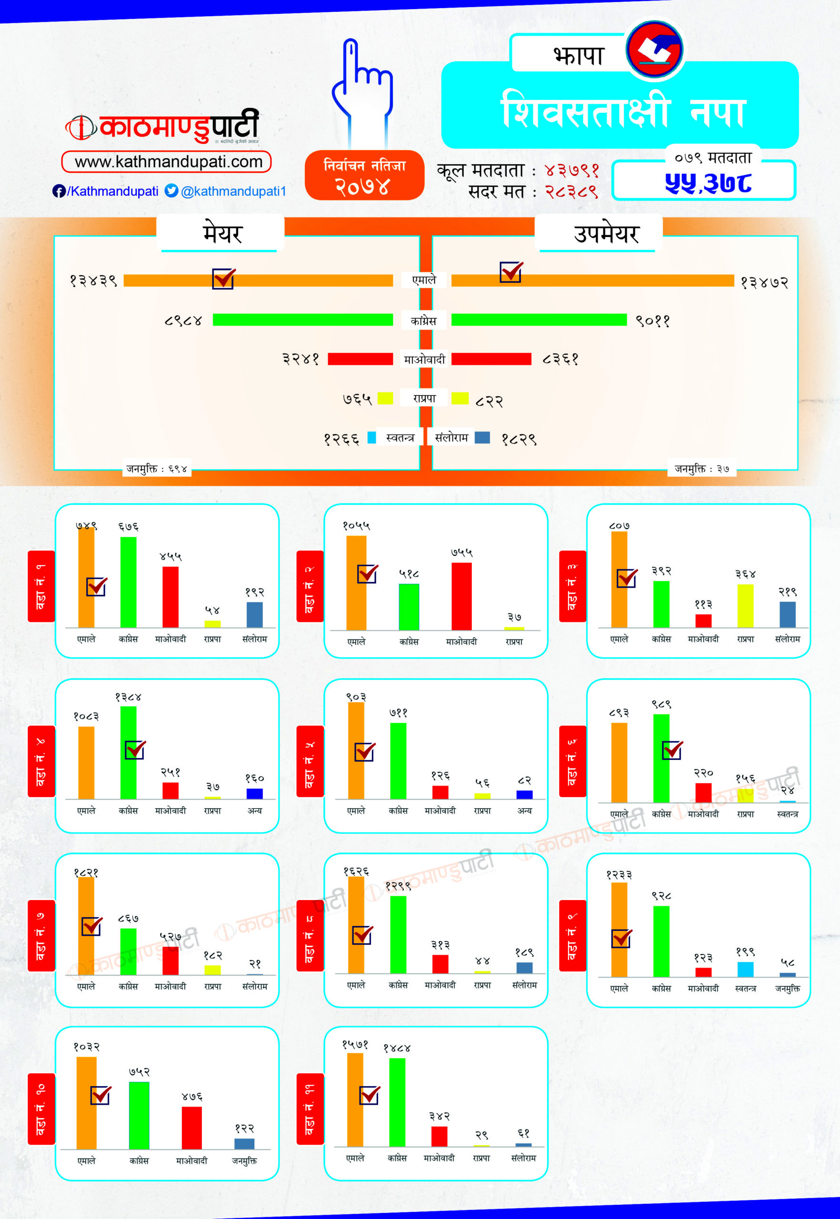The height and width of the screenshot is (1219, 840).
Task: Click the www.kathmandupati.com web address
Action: [x=167, y=161]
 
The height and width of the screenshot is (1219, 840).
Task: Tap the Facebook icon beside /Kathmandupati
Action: [x=59, y=191]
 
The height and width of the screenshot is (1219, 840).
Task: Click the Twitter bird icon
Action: [x=171, y=190]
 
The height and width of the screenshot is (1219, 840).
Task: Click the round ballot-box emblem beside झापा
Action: [x=654, y=50]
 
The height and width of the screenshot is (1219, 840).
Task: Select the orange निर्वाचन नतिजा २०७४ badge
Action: [x=364, y=175]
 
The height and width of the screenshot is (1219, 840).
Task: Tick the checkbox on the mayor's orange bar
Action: [x=223, y=279]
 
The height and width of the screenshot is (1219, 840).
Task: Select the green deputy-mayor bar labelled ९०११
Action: [x=539, y=320]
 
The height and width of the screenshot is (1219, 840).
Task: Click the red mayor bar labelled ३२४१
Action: [x=360, y=359]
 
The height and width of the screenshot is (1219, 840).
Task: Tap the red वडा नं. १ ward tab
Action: [x=41, y=586]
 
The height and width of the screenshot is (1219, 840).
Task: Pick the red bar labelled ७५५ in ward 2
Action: [x=461, y=596]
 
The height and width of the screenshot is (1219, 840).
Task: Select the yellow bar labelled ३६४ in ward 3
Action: [x=745, y=605]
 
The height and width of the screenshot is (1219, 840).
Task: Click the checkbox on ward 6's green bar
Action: [x=671, y=749]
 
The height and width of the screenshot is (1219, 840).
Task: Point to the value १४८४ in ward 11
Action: [x=397, y=1048]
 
